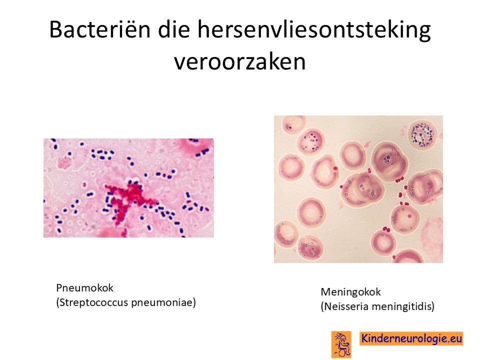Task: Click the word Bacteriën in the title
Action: (100, 29)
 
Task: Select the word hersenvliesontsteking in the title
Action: (314, 30)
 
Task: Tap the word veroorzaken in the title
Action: (239, 61)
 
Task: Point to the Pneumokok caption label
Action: (85, 288)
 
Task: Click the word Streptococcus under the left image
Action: (93, 302)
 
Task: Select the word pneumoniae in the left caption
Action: (162, 303)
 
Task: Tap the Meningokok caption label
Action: (351, 292)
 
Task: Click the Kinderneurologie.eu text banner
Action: (411, 338)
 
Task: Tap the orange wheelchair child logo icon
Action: (341, 344)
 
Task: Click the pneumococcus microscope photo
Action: (128, 188)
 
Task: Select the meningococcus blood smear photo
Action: (358, 189)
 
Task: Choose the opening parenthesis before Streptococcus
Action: (57, 303)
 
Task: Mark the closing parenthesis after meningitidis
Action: (433, 306)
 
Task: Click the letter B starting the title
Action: (55, 29)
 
